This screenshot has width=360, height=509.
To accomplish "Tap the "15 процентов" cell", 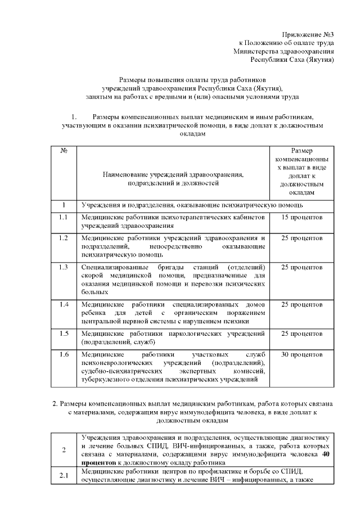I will point(301,217).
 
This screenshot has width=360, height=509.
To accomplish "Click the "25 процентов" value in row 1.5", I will point(301,333).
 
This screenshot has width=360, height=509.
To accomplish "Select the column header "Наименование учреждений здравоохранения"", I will point(173,175).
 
